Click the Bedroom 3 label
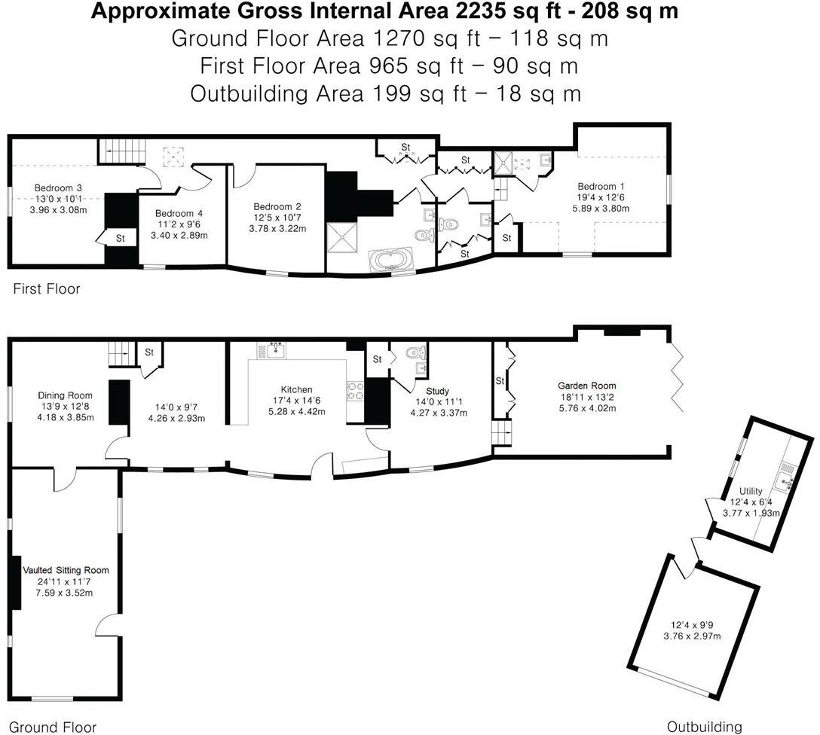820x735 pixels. pyautogui.click(x=58, y=188)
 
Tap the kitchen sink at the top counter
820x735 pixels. pyautogui.click(x=271, y=349)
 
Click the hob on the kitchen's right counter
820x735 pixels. pyautogui.click(x=355, y=389)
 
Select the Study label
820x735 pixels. pyautogui.click(x=437, y=391)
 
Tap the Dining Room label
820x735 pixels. pyautogui.click(x=66, y=395)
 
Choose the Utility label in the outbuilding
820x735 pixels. pyautogui.click(x=751, y=491)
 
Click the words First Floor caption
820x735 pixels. pyautogui.click(x=46, y=288)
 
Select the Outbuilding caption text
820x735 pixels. pyautogui.click(x=705, y=727)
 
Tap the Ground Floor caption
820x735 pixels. pyautogui.click(x=54, y=727)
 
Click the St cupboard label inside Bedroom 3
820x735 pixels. pyautogui.click(x=120, y=239)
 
